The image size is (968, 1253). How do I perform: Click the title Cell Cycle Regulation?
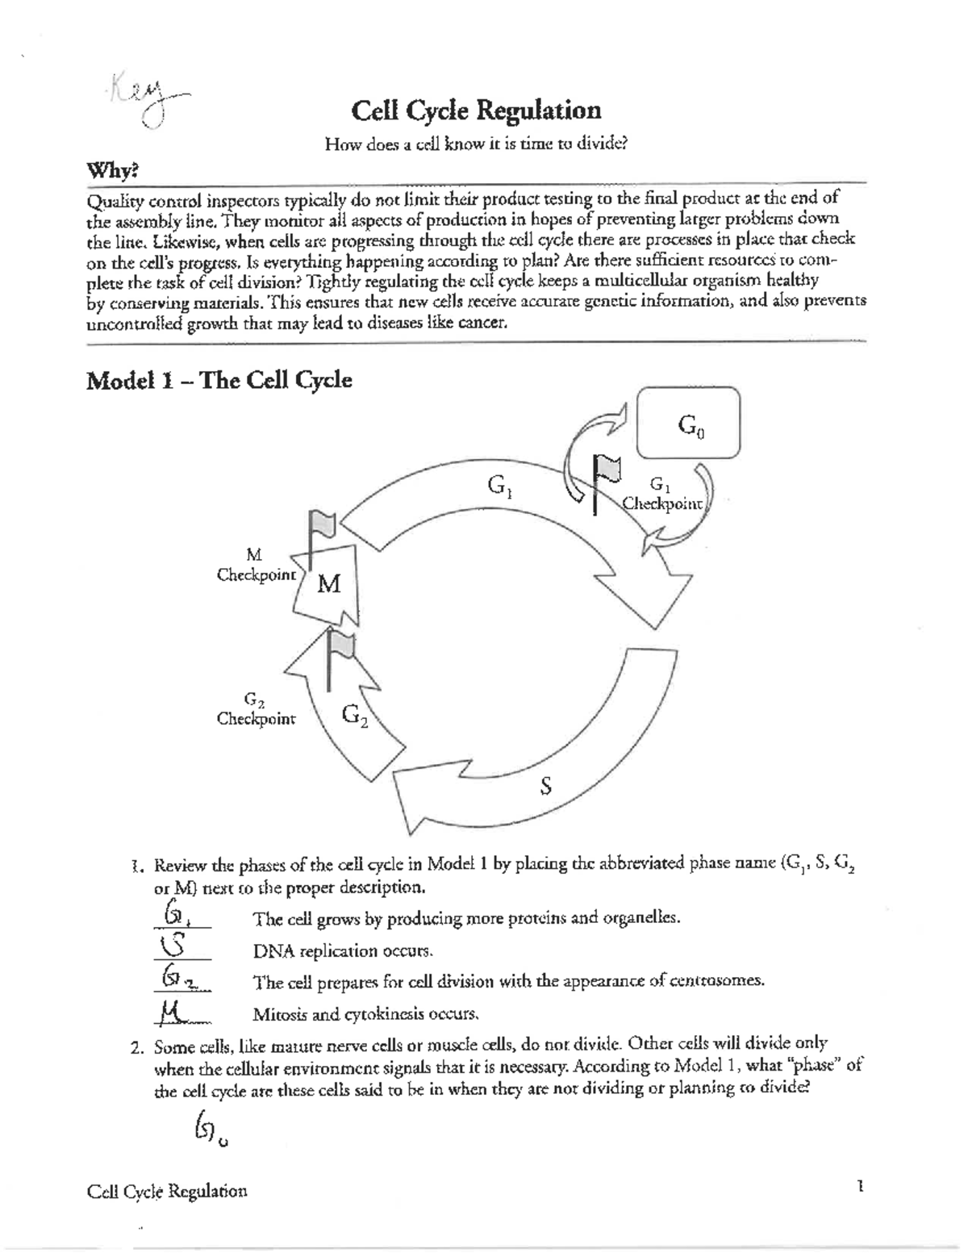[x=475, y=111]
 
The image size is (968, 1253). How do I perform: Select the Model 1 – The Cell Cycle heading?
[x=219, y=380]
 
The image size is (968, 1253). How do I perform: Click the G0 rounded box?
[x=688, y=423]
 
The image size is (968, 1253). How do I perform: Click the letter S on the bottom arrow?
[x=546, y=786]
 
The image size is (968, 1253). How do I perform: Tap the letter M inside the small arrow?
[x=329, y=583]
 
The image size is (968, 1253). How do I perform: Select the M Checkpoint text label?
[x=256, y=566]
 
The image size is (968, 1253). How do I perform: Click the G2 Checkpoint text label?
[x=256, y=709]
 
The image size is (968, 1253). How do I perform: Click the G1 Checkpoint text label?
[x=662, y=495]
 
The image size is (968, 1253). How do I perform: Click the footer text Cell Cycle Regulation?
[x=166, y=1191]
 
